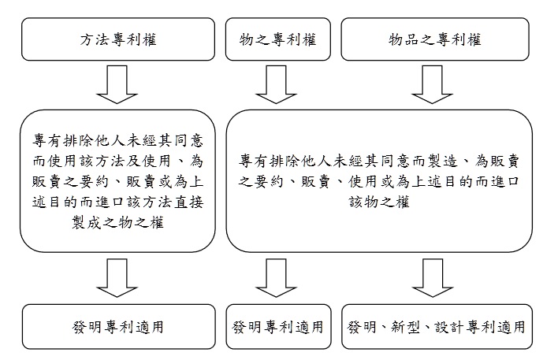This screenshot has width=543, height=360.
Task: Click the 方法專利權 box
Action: tap(118, 39)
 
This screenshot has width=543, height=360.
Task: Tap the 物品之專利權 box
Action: tap(435, 39)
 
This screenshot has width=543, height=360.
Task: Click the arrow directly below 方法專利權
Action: tap(118, 84)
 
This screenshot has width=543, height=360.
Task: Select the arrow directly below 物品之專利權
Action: tap(435, 84)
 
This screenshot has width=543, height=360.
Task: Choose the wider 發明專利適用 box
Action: tap(118, 327)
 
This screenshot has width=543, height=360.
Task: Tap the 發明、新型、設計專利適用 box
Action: tap(435, 327)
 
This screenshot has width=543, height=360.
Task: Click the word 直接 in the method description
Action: tap(188, 202)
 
